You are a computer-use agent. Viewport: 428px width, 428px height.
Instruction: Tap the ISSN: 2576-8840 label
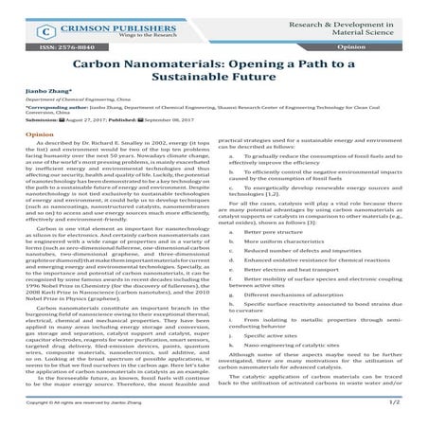pyautogui.click(x=55, y=45)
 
